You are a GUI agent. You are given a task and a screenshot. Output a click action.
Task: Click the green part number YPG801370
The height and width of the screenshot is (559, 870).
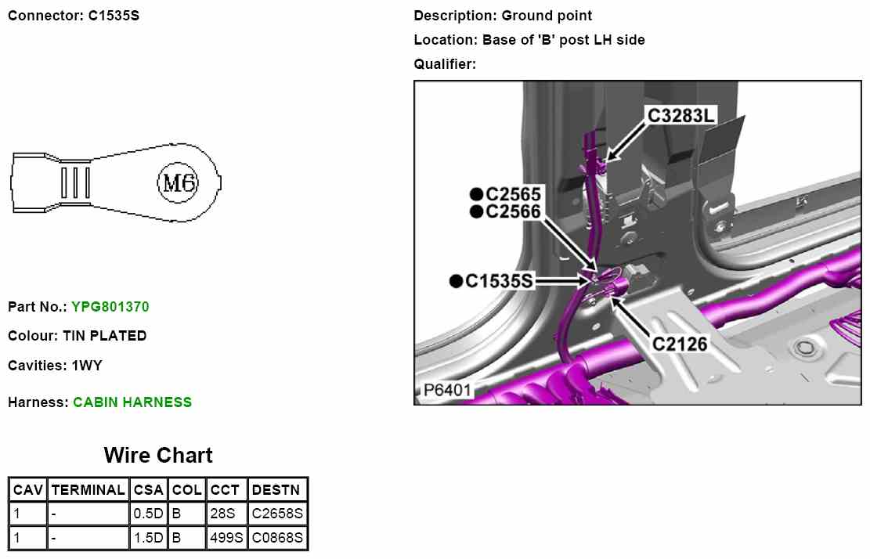[x=110, y=307]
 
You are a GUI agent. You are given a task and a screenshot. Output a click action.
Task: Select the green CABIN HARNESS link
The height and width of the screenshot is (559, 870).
[x=132, y=402]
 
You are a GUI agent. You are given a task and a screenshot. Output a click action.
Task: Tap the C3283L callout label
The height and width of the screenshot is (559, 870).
[x=680, y=115]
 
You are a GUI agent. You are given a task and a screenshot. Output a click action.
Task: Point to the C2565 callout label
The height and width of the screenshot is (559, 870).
[x=513, y=194]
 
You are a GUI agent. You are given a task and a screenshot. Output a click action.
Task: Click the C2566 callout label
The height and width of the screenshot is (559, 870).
[x=513, y=212]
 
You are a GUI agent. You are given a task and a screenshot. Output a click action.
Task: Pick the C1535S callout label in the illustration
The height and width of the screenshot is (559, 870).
[x=499, y=281]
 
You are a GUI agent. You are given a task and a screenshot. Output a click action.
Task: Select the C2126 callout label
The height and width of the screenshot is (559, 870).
[x=680, y=344]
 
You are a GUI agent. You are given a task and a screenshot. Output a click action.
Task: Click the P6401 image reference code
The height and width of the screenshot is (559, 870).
[x=446, y=390]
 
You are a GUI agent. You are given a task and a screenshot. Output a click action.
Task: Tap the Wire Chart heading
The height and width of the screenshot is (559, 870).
[x=158, y=456]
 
